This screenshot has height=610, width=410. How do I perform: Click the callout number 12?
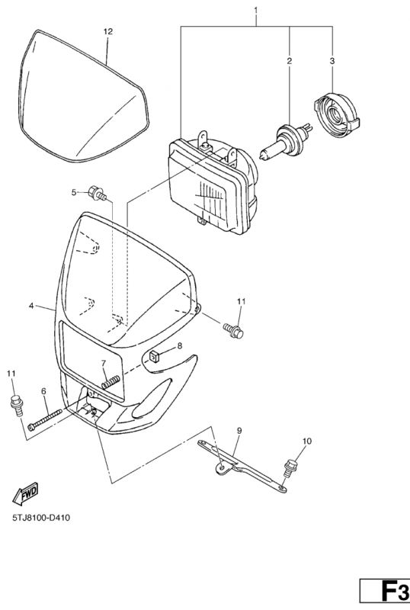[x=108, y=31]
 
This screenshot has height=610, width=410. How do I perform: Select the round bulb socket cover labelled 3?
[x=337, y=115]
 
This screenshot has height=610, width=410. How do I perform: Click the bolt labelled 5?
[x=98, y=193]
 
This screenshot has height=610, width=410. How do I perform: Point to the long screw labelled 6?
[x=45, y=419]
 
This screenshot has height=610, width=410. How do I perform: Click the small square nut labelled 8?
[x=155, y=356]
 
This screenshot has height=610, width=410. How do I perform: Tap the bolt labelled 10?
[x=290, y=468]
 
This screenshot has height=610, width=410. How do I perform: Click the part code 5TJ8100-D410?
[x=41, y=518]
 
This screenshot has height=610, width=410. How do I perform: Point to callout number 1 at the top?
[x=256, y=9]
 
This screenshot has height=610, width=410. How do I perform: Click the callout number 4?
[x=31, y=306]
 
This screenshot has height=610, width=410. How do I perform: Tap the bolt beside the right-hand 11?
[x=233, y=330]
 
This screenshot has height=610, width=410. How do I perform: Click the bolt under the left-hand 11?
[x=16, y=405]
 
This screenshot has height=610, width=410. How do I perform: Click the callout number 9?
[x=239, y=430]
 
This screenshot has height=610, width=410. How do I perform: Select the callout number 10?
[x=307, y=441]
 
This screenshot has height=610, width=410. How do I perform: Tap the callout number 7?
[x=104, y=364]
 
